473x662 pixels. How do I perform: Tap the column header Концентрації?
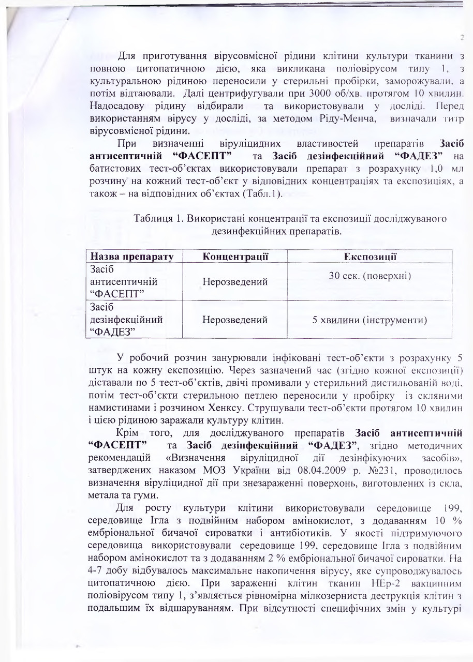coord(235,257)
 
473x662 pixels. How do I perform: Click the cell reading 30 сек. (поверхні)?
coord(370,276)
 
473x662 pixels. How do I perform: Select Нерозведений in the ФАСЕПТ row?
coord(235,282)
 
